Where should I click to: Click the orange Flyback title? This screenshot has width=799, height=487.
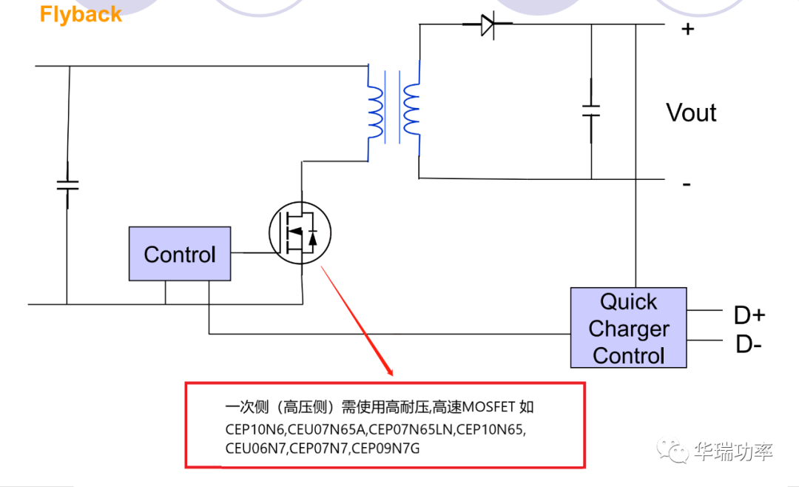(81, 15)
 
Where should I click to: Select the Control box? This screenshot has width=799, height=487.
(180, 254)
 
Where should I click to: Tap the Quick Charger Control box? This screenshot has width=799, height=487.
(628, 328)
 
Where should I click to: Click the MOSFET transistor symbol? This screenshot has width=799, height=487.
(300, 232)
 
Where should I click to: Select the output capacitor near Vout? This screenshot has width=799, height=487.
(591, 111)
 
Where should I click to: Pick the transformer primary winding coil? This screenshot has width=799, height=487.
(376, 111)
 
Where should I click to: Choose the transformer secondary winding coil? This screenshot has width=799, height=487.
(411, 111)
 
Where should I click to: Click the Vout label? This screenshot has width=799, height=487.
(691, 113)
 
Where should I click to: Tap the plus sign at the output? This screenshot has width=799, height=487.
(688, 30)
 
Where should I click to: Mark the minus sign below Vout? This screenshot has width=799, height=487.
(687, 184)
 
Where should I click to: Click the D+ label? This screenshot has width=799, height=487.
(749, 315)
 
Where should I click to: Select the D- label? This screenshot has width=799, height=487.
(748, 344)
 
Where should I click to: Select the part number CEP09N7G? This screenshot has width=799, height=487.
(385, 448)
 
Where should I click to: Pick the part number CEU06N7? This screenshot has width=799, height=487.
(256, 448)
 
